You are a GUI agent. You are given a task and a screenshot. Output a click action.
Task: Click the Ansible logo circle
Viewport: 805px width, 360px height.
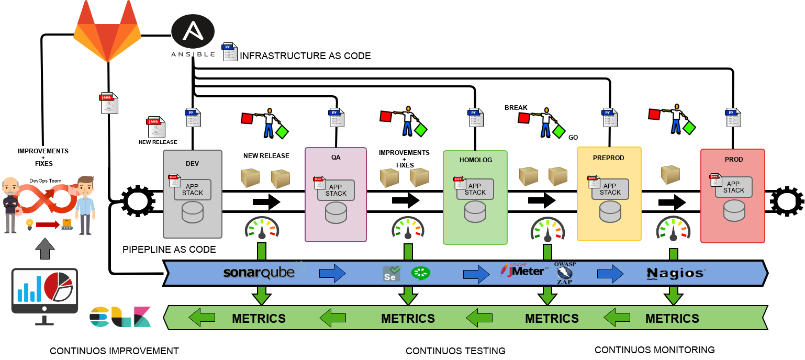point(193,31)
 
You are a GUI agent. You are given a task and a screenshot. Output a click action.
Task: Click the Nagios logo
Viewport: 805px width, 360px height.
point(676,273)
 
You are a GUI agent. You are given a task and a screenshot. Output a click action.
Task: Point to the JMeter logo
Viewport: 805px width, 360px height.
point(524,271)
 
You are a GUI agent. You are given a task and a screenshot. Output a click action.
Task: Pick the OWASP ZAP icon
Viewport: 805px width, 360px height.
point(565,272)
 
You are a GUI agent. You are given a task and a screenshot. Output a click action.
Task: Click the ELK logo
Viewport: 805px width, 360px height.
point(120,317)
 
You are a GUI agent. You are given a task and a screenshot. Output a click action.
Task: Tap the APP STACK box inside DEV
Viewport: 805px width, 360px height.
point(193,189)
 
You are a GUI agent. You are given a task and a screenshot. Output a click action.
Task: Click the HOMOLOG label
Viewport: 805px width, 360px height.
point(475,160)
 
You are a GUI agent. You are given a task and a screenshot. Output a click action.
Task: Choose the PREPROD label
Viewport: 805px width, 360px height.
point(609,157)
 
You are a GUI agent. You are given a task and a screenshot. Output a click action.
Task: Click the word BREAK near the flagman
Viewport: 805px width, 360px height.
point(516,108)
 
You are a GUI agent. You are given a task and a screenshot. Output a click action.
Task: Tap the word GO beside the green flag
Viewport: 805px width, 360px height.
point(573,137)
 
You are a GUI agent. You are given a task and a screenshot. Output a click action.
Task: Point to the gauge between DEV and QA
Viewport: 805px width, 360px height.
point(262,228)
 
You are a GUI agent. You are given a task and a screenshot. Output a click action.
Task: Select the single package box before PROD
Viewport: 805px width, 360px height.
point(670,175)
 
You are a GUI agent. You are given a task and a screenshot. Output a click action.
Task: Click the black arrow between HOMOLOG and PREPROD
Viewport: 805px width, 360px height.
point(542,200)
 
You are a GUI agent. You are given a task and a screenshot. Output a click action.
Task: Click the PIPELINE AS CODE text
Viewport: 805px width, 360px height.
point(169,250)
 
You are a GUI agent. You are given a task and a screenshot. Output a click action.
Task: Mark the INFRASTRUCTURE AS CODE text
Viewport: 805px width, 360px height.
point(305,55)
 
